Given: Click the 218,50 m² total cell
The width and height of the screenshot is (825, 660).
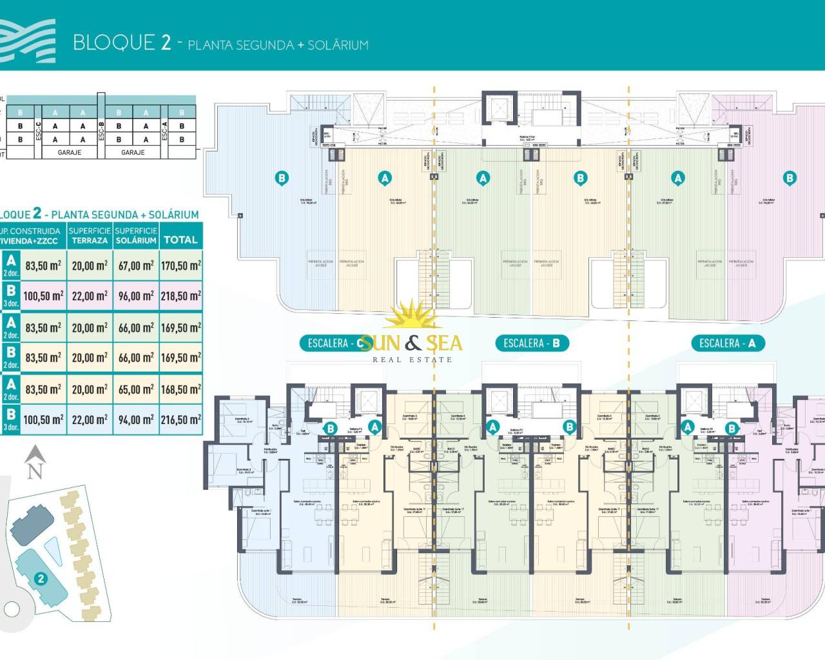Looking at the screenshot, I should coord(180,296).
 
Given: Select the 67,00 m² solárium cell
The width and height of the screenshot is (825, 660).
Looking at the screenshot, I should coord(136,266).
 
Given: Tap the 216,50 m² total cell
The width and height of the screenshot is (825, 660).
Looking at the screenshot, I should coord(180,420).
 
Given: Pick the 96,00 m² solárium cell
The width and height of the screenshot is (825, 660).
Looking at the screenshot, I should coord(136,296).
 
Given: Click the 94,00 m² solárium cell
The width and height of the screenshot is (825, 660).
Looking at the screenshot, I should coord(136,420).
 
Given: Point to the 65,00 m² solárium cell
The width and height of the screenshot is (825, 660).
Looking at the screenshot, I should coord(136,389).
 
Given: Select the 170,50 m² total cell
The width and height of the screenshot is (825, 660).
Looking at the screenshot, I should coord(180,266).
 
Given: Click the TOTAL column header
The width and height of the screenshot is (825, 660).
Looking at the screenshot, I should coord(180,239).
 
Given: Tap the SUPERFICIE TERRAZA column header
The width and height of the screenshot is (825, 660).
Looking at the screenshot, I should coord(90,235).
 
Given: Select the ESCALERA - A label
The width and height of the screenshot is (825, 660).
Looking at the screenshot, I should coord(727,344).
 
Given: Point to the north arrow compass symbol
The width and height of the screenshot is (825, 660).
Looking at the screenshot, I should coord(35,463).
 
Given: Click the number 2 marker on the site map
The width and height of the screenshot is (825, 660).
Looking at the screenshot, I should coord(41,578).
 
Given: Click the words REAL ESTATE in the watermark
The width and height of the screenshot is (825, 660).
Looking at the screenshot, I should coord(412,360).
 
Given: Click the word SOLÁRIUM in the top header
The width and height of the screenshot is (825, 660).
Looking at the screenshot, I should coord(338,45).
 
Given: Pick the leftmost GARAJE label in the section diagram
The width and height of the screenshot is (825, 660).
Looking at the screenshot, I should coord(70,153).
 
